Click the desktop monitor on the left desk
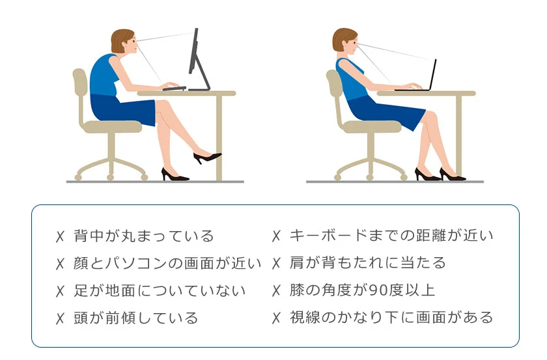[x=195, y=52]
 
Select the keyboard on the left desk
[x=175, y=88]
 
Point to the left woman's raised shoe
[x=207, y=158]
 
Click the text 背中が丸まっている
[x=144, y=235]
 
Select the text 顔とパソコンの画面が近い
[x=167, y=263]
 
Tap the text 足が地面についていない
[x=160, y=290]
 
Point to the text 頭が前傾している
[x=136, y=318]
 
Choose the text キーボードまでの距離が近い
[x=391, y=235]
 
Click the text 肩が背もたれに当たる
[x=367, y=263]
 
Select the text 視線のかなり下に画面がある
[x=391, y=318]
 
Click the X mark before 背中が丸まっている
[x=61, y=236]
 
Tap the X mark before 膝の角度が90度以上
[x=276, y=291]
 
